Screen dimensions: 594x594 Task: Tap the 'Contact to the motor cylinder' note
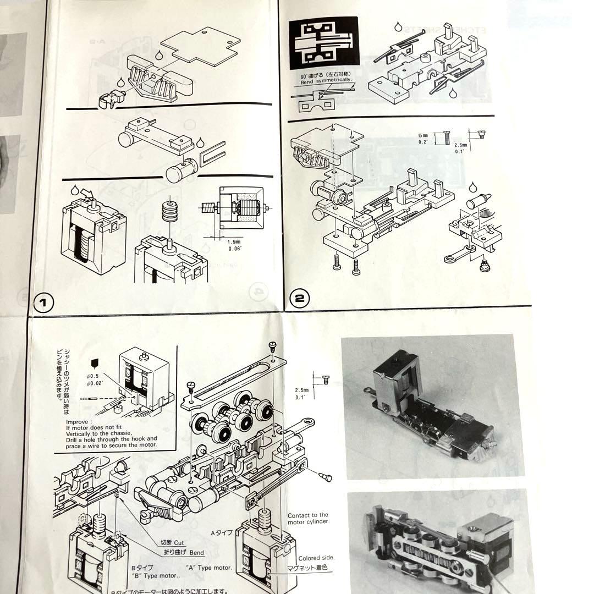coord(308,519)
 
